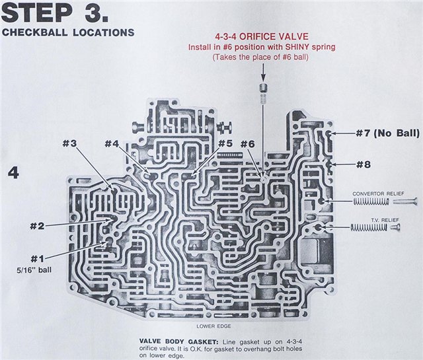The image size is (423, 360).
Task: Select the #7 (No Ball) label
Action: [378, 133]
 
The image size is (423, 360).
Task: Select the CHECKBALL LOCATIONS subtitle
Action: [69, 32]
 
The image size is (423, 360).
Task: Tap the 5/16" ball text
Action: [38, 270]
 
